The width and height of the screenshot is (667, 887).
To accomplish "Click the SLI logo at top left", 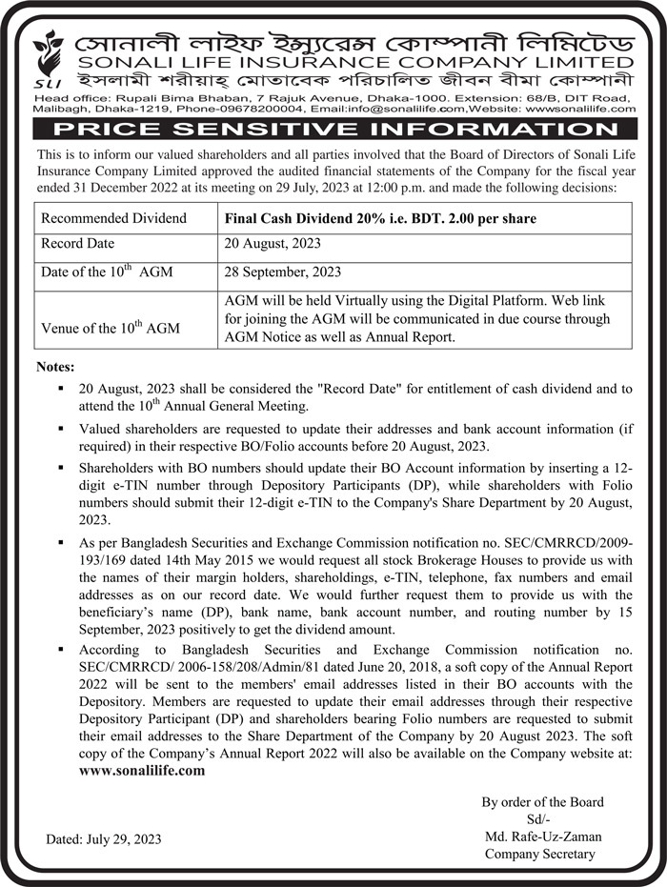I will click(45, 59).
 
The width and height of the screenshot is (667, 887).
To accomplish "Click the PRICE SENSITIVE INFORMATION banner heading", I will click(333, 129).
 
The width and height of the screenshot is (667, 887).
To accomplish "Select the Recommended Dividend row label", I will click(114, 218).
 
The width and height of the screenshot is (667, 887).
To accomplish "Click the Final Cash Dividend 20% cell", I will click(380, 218).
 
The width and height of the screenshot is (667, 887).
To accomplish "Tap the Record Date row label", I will click(77, 244).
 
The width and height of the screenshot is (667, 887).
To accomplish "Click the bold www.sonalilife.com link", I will click(142, 770).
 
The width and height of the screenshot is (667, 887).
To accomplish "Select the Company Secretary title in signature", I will click(539, 854).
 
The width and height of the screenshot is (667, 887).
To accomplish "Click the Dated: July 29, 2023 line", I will click(104, 839).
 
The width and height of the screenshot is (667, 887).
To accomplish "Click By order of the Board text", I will click(542, 802).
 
